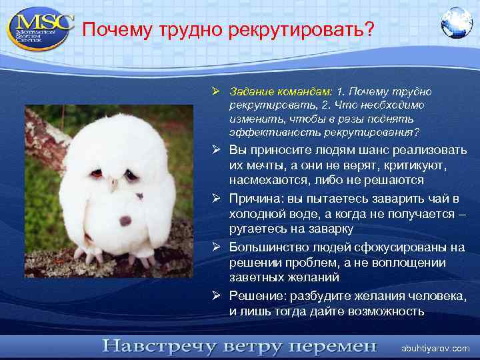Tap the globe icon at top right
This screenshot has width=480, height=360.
pyautogui.click(x=457, y=23)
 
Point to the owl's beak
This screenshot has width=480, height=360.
pyautogui.click(x=113, y=182)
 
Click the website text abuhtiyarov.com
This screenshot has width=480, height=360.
pyautogui.click(x=435, y=349)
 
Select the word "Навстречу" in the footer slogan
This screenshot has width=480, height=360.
pyautogui.click(x=153, y=347)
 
